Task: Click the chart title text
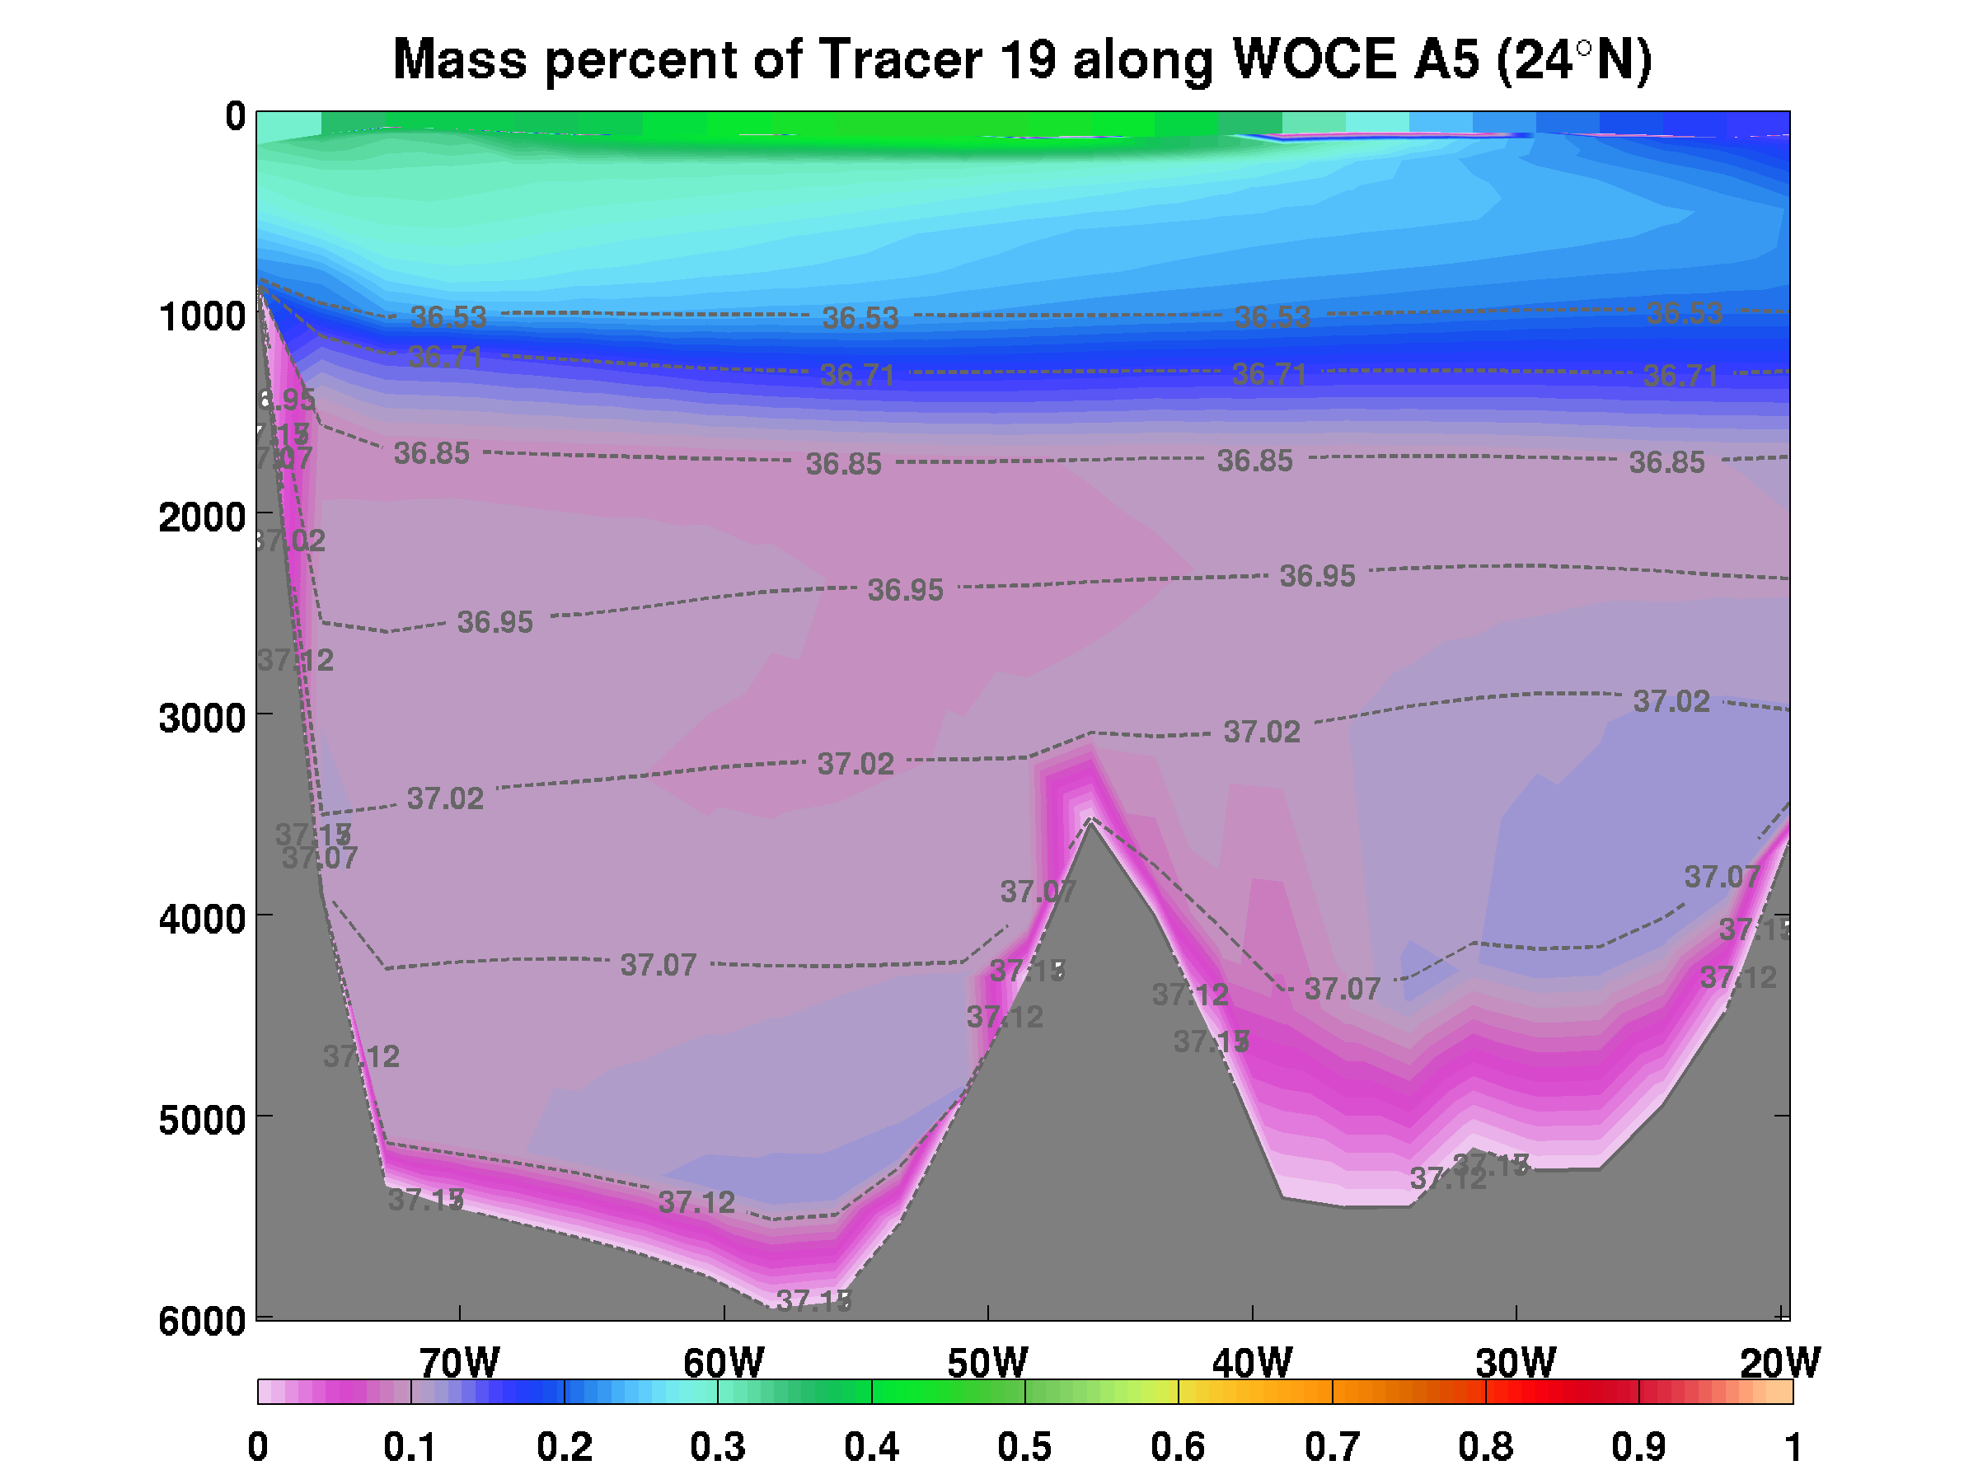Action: coord(1022,61)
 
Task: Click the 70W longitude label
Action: coord(459,1362)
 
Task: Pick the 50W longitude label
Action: coord(987,1362)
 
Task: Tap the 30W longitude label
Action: coord(1516,1362)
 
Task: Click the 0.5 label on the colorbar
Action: coord(1024,1446)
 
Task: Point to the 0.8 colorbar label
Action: coord(1485,1446)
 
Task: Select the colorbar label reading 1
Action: coord(1792,1446)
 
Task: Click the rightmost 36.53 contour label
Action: coord(1684,313)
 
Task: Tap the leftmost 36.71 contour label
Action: coord(445,358)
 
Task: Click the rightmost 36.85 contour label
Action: coord(1666,462)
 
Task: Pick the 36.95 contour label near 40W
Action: coord(1317,576)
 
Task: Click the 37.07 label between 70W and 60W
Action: coord(659,965)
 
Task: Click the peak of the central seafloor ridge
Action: coord(1090,821)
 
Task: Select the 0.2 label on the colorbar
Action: coord(565,1446)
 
